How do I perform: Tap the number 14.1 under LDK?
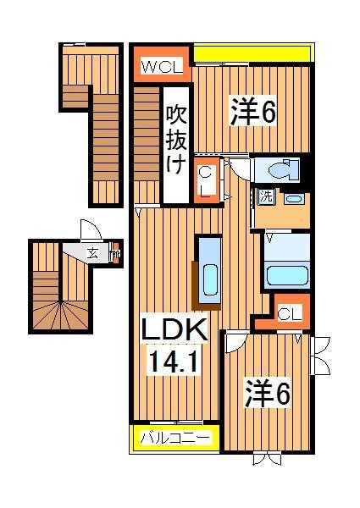pyautogui.click(x=176, y=362)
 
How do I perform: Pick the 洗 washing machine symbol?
pyautogui.click(x=266, y=198)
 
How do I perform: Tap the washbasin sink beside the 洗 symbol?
pyautogui.click(x=295, y=200)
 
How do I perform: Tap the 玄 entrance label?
pyautogui.click(x=91, y=251)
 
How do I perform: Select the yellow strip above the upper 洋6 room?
pyautogui.click(x=252, y=54)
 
